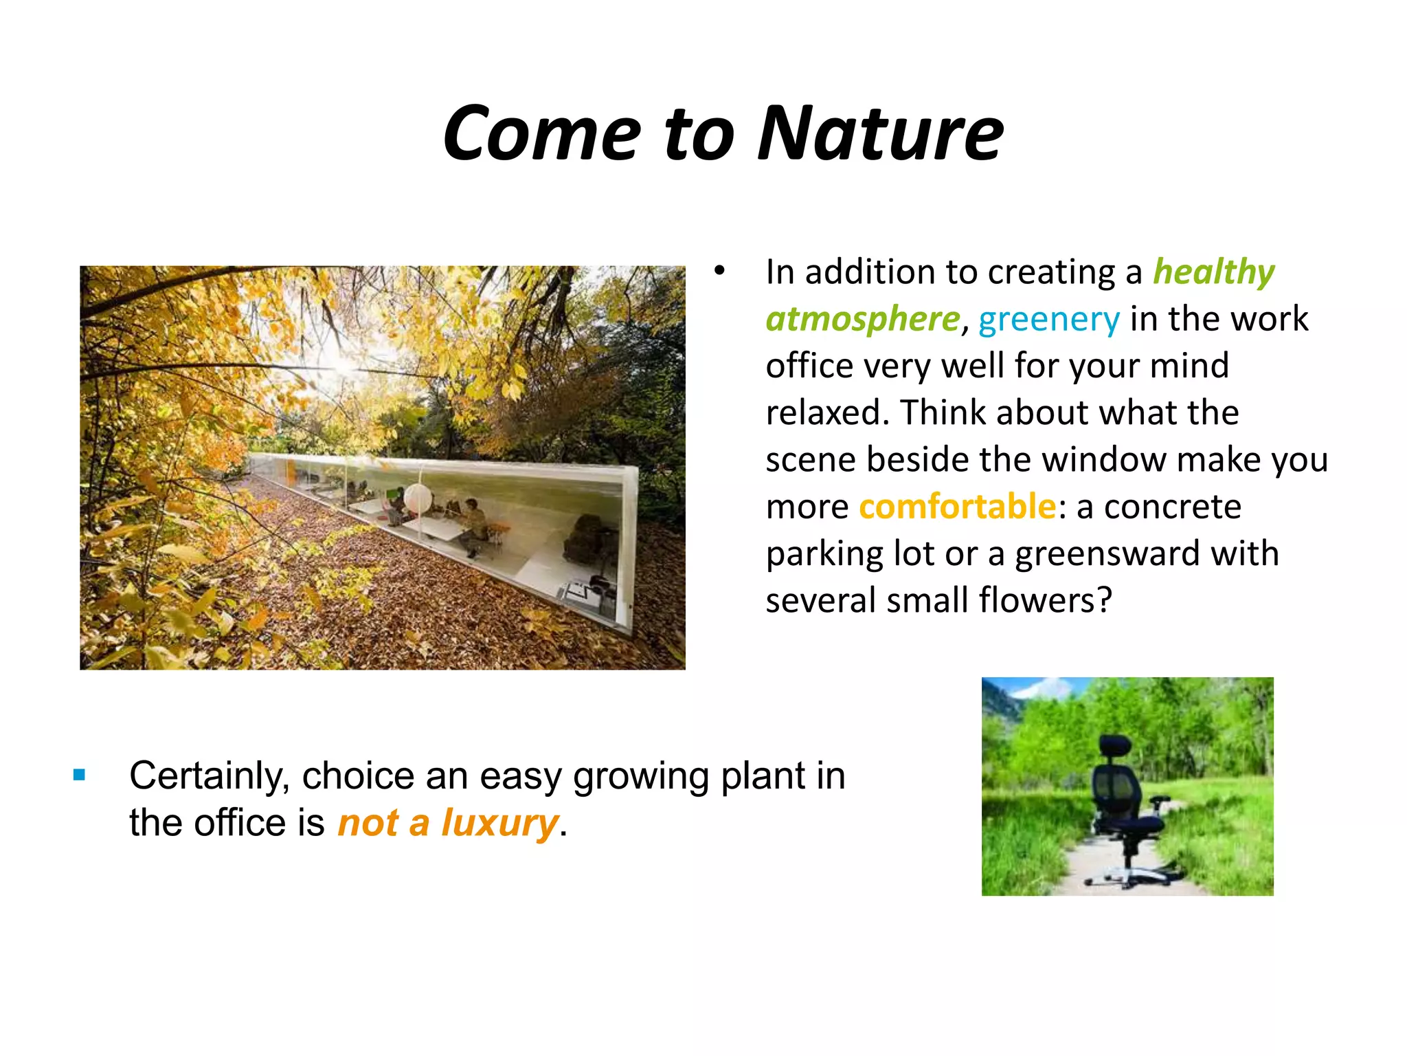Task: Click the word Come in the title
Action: click(x=542, y=133)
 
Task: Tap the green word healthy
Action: click(x=1213, y=272)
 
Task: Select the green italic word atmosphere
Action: click(x=862, y=319)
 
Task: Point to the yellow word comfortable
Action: click(x=957, y=507)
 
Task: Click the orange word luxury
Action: click(x=499, y=823)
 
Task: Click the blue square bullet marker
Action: click(x=80, y=775)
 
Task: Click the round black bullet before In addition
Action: click(x=719, y=270)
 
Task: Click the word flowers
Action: click(x=1044, y=600)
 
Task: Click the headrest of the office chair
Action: click(x=1116, y=746)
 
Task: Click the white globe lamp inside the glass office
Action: click(x=417, y=498)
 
